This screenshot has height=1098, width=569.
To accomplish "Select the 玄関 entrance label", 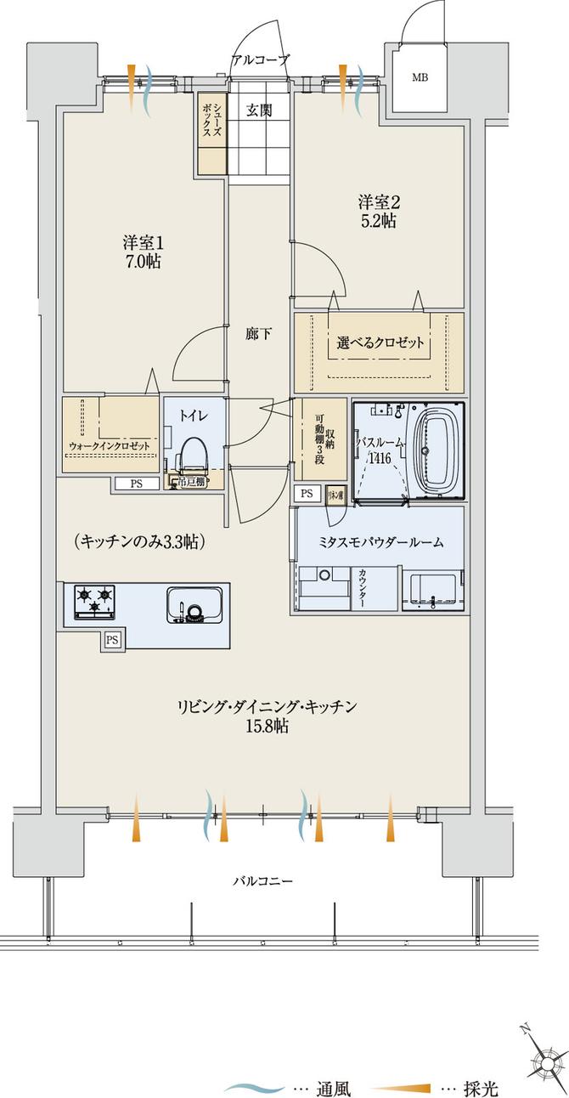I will pyautogui.click(x=259, y=110).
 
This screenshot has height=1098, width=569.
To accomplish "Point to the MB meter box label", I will pyautogui.click(x=420, y=78).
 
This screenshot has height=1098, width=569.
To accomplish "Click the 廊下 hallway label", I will pyautogui.click(x=259, y=334).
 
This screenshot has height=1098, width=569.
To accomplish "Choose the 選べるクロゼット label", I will pyautogui.click(x=380, y=344).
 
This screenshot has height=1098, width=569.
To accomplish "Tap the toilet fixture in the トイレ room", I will pyautogui.click(x=193, y=456).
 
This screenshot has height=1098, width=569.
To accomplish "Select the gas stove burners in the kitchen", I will pyautogui.click(x=95, y=602).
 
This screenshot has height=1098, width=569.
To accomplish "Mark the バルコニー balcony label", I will pyautogui.click(x=263, y=881).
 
